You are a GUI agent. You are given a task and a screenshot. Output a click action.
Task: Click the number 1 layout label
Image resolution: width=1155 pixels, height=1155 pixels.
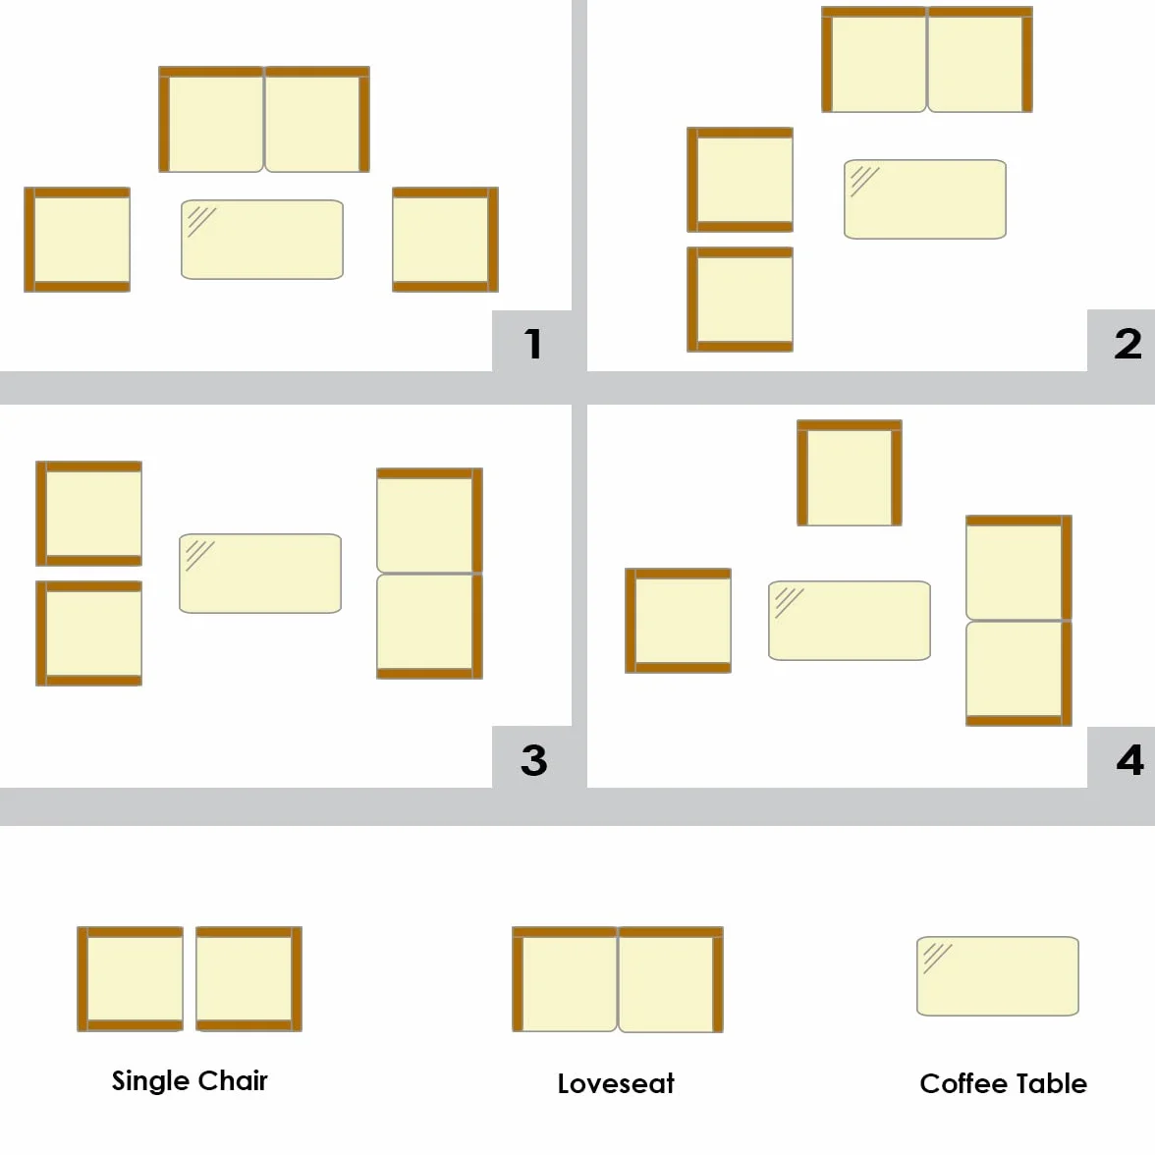(x=533, y=344)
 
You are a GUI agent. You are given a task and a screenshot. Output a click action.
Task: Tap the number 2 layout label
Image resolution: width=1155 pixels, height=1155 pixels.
(x=1127, y=344)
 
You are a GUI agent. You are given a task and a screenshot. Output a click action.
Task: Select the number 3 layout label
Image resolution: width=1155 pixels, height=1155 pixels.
(x=534, y=760)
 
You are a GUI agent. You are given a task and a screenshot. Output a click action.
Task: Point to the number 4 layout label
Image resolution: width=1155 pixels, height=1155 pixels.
(x=1129, y=760)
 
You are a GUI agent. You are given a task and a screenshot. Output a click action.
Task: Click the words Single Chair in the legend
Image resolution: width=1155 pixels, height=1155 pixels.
(x=190, y=1080)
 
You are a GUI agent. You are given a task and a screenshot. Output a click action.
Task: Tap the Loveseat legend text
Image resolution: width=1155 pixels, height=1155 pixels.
(x=616, y=1083)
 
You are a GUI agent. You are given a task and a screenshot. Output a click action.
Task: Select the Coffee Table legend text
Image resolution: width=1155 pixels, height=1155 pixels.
(x=1004, y=1083)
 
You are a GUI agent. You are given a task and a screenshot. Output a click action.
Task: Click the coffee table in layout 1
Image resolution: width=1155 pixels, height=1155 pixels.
(x=262, y=240)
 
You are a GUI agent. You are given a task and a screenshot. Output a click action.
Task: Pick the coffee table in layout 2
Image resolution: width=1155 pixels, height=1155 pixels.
(x=925, y=198)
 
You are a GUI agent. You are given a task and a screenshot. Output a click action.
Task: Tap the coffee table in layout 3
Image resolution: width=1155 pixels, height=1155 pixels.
(x=260, y=574)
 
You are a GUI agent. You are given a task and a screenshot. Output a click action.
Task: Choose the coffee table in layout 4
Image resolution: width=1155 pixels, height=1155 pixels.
(x=850, y=621)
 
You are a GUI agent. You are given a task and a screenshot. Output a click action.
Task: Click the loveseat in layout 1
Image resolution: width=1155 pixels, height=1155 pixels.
(x=264, y=120)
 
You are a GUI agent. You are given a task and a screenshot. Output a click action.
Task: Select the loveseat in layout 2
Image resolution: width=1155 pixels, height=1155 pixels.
(x=927, y=60)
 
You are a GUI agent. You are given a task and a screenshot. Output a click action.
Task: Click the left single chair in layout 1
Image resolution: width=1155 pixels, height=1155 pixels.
(x=78, y=240)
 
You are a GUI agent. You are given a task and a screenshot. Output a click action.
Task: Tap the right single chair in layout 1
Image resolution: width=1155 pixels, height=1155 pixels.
(x=446, y=240)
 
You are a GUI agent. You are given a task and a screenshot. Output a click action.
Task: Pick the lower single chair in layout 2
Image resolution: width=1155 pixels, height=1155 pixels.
(x=741, y=299)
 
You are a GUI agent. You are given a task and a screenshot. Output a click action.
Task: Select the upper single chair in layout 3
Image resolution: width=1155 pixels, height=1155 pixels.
(x=89, y=514)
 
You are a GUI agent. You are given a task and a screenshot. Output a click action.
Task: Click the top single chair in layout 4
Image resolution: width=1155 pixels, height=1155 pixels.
(x=850, y=473)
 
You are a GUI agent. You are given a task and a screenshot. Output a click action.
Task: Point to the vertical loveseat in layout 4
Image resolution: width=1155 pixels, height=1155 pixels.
(x=1018, y=621)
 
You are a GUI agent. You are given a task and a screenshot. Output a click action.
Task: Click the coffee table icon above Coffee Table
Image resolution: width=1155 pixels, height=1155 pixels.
(x=998, y=976)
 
